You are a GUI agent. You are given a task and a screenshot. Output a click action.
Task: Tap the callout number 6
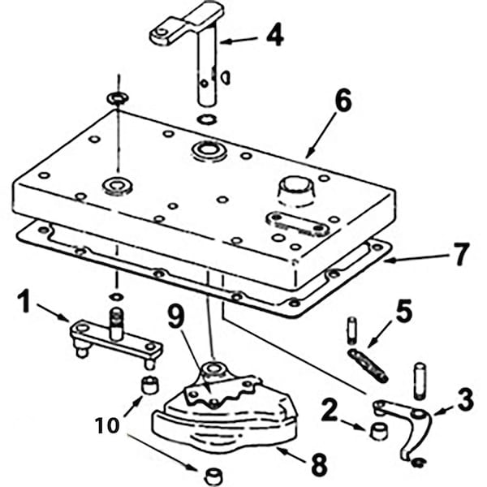click(343, 100)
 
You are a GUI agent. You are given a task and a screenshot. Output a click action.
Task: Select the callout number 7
click(461, 254)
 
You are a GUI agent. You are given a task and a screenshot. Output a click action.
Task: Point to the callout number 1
click(24, 301)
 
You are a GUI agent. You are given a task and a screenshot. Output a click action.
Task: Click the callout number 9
click(177, 315)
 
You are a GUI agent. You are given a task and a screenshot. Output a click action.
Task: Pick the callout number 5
click(404, 311)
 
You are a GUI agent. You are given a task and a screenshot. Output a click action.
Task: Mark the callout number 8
click(319, 464)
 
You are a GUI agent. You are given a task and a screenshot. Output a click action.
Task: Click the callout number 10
click(107, 425)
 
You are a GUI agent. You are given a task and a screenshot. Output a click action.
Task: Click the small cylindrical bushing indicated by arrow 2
click(379, 431)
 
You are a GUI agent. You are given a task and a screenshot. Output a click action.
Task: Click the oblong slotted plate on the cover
click(297, 224)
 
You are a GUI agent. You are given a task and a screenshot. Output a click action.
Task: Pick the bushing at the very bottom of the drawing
click(213, 475)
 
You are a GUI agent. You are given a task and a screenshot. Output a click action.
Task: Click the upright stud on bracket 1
click(116, 323)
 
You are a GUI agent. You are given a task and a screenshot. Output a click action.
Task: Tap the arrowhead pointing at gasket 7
click(389, 261)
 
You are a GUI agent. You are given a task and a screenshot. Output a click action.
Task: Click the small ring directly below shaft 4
click(208, 119)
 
